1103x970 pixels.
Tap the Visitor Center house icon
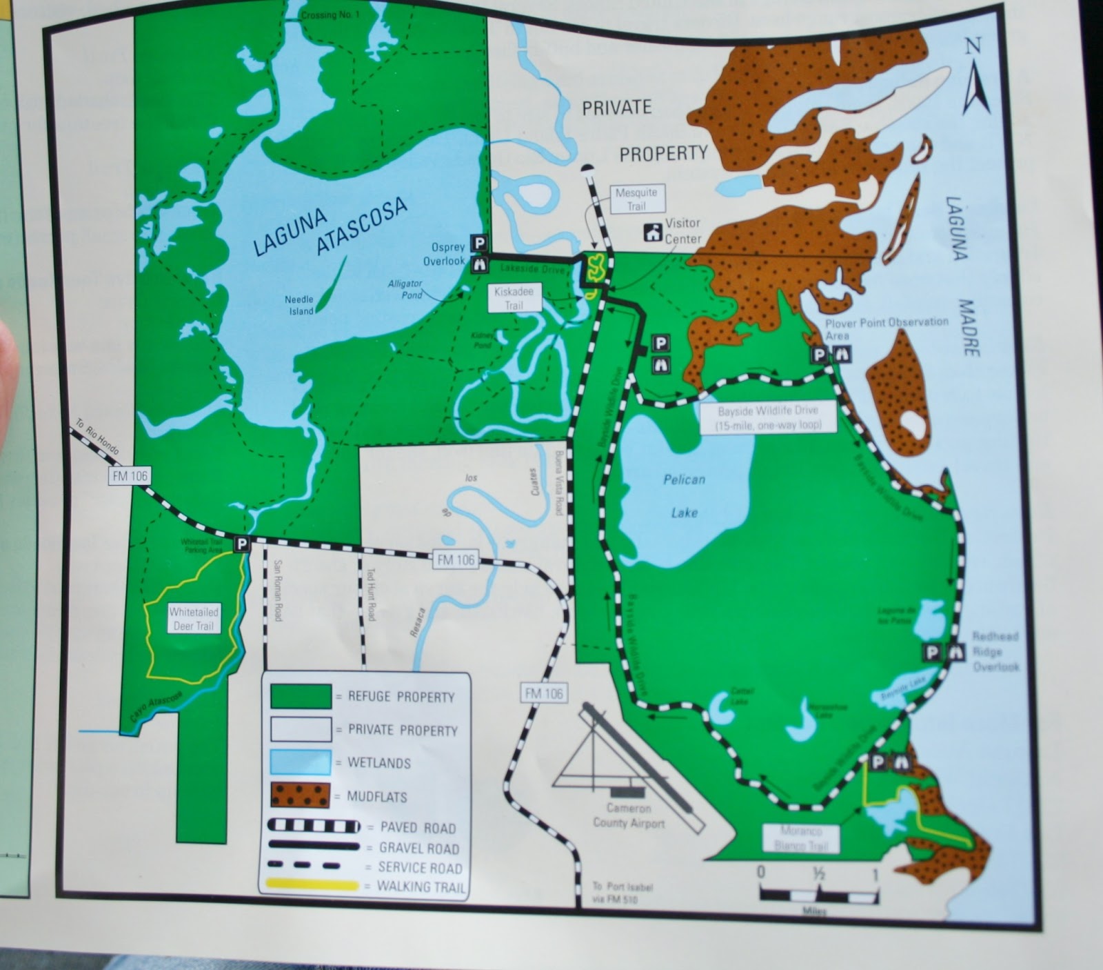coord(652,232)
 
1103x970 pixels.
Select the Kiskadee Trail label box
coord(514,298)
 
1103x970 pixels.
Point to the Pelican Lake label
coord(684,495)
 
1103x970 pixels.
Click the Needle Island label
coord(299,305)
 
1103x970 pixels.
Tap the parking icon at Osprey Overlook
coord(480,243)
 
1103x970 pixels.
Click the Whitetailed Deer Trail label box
coord(193,619)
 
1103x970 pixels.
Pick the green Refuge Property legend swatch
coord(301,695)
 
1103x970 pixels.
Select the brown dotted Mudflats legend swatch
coord(301,795)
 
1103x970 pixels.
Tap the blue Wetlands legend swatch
coord(301,762)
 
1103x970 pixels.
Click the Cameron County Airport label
coord(629,815)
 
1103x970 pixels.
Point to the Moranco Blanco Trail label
coord(800,838)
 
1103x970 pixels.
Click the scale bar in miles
coord(818,895)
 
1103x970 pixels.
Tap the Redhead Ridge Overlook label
coord(995,651)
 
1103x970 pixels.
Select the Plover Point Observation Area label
coord(887,327)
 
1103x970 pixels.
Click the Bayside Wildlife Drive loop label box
coord(767,418)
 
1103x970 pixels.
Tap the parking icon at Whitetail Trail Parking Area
coord(241,544)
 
